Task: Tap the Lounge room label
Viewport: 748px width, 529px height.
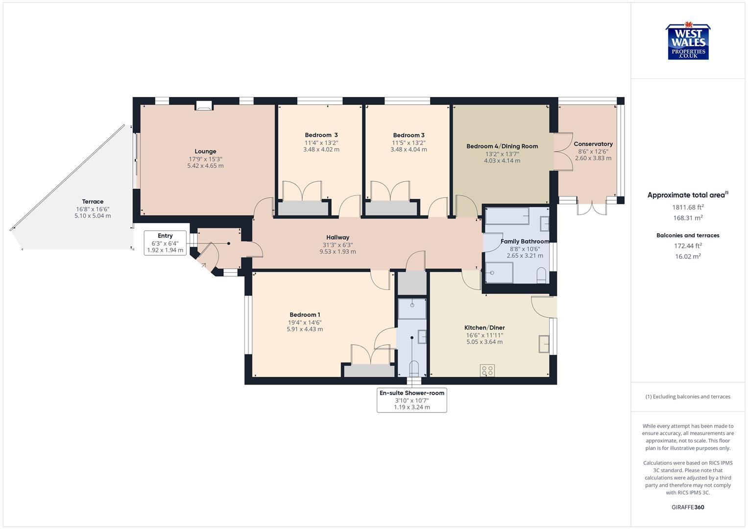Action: pos(205,151)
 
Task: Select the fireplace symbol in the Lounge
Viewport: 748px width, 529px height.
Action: pos(204,105)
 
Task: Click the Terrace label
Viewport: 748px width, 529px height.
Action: pos(93,201)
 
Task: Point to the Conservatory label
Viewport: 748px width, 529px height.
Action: pos(593,144)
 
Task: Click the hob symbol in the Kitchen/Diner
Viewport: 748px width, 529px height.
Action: pos(487,370)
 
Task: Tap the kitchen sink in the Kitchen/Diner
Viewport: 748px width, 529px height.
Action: pos(544,343)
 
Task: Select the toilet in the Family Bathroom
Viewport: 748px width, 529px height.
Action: pos(541,275)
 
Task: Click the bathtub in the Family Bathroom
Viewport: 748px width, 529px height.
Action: pos(507,216)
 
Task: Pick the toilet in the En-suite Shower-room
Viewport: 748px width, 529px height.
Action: pos(414,367)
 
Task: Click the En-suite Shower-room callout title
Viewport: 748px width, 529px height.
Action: pos(411,393)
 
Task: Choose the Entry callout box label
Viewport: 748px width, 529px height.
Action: pos(165,236)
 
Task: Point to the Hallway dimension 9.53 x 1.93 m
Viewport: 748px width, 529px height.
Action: pos(338,252)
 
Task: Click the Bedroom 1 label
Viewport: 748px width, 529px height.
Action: pos(305,314)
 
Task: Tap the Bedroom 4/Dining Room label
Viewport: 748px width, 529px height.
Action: pos(502,146)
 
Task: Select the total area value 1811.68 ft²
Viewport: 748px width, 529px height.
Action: pos(688,207)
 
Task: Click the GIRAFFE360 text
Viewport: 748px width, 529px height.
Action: pos(688,507)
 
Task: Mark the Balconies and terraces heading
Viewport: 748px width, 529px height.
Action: pos(688,235)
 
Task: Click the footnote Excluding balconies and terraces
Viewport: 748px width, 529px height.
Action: pos(688,397)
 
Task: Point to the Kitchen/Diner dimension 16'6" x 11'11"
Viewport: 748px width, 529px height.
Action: pos(484,335)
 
